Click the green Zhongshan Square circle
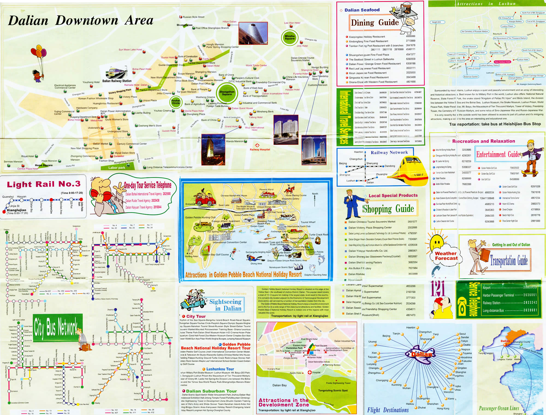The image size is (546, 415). point(227,93)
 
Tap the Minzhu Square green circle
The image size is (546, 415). point(290,37)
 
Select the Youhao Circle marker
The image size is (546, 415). point(176,102)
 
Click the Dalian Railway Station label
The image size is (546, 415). point(117,81)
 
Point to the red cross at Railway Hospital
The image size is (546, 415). point(257,145)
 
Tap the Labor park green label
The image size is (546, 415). point(117,167)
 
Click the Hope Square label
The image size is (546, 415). point(44,165)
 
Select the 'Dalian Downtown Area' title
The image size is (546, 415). point(81,20)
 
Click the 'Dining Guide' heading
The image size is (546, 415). point(375,23)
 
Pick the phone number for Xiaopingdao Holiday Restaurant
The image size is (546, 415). point(410,36)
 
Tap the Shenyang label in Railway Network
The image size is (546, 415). point(372,163)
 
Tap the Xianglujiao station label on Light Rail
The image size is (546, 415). point(17,210)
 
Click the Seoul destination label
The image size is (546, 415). point(462,334)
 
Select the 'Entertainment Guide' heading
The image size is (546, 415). point(498,155)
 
